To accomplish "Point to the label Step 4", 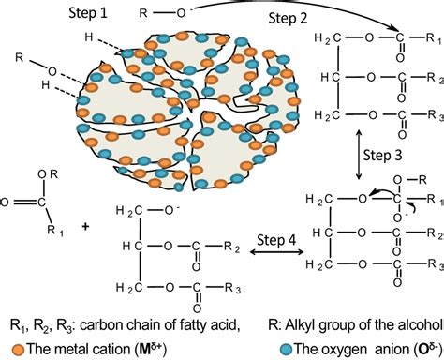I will tap(276, 239).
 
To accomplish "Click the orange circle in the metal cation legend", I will tap(8, 348).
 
